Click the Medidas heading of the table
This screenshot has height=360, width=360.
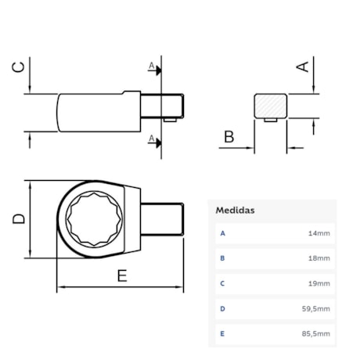tap(236, 210)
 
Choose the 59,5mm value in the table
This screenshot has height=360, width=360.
tap(317, 308)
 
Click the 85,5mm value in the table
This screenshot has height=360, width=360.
tap(317, 333)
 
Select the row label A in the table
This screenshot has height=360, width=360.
tap(223, 233)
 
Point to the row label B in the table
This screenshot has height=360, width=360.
tap(223, 258)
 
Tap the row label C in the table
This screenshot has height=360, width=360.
tap(223, 283)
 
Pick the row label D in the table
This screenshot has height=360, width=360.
tap(223, 308)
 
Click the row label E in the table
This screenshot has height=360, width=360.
tap(223, 333)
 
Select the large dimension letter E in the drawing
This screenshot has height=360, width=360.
tap(122, 275)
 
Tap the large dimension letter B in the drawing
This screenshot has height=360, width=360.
tap(229, 138)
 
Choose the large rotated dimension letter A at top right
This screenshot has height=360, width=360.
tap(302, 67)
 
